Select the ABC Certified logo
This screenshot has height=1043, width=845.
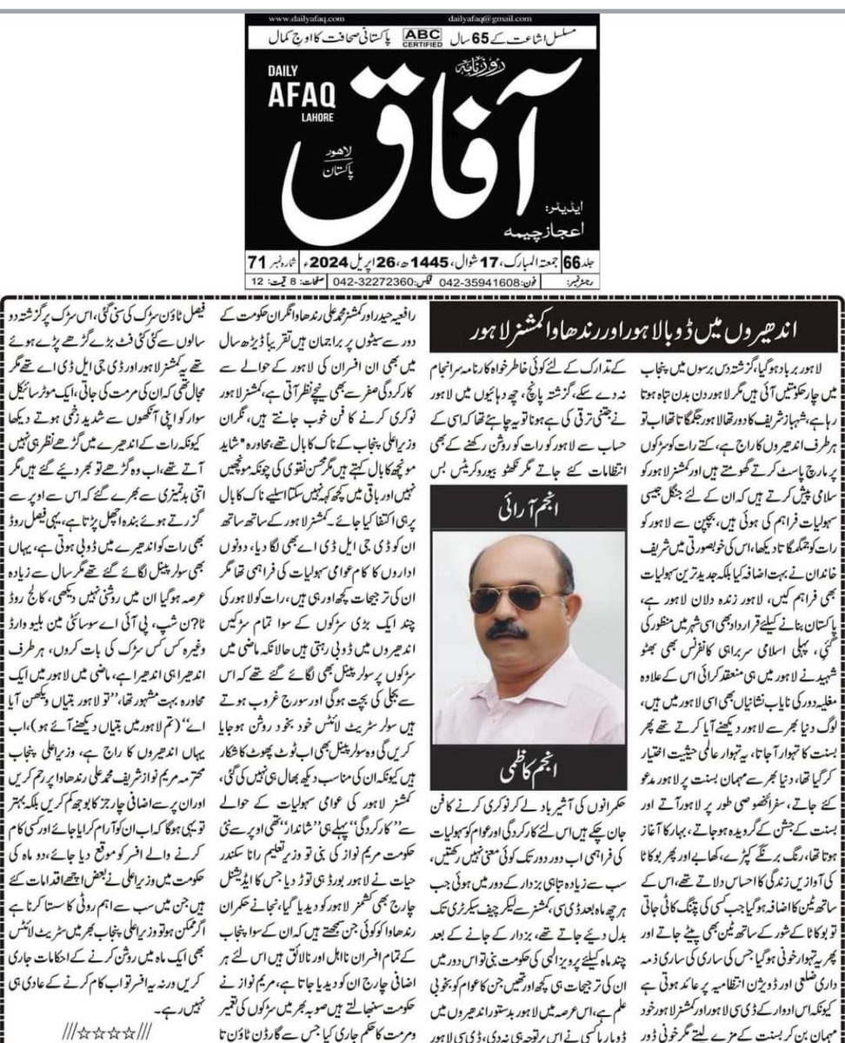428,37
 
